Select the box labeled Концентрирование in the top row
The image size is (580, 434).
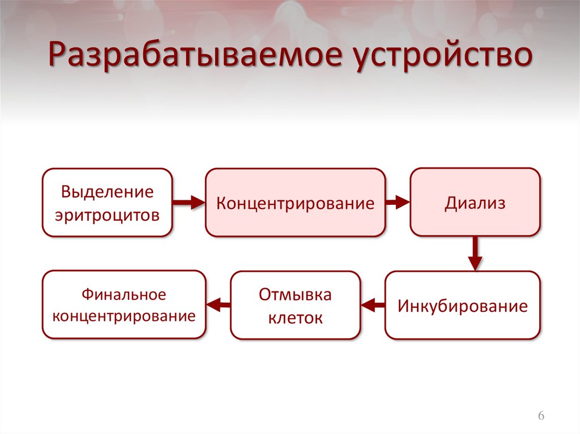[295, 202]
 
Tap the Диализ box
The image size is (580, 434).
[475, 202]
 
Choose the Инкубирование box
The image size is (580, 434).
[462, 306]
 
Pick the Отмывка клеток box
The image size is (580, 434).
[295, 306]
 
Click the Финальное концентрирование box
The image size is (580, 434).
[123, 305]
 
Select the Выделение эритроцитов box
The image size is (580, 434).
[107, 202]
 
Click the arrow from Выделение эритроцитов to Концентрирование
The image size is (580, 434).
[188, 202]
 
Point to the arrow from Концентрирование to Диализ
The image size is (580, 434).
[398, 202]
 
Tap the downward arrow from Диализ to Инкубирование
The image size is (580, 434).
[475, 253]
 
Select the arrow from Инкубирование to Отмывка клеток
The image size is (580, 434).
[373, 306]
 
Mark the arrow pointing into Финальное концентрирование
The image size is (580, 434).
[218, 306]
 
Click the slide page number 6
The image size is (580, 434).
[541, 416]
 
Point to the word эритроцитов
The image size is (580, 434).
[107, 214]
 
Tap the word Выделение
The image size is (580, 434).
[107, 191]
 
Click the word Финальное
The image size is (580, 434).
[123, 294]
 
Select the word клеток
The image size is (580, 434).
[295, 318]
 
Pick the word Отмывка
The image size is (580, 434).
[295, 295]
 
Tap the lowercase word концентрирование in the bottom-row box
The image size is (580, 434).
[123, 316]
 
